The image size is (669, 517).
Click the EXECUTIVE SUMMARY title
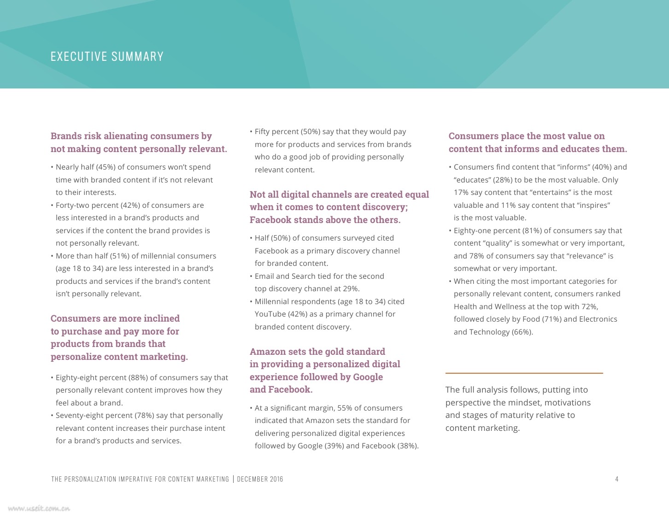click(107, 57)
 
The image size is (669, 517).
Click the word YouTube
click(270, 314)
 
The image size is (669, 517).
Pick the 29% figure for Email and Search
click(351, 289)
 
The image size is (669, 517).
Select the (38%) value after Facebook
click(408, 446)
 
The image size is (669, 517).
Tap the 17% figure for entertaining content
click(461, 193)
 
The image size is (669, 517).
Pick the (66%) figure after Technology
click(522, 332)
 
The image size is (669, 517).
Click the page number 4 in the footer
click(617, 479)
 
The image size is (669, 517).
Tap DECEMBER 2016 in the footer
click(260, 479)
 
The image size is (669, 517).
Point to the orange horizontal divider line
click(524, 373)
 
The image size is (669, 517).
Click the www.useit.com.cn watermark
click(39, 509)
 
